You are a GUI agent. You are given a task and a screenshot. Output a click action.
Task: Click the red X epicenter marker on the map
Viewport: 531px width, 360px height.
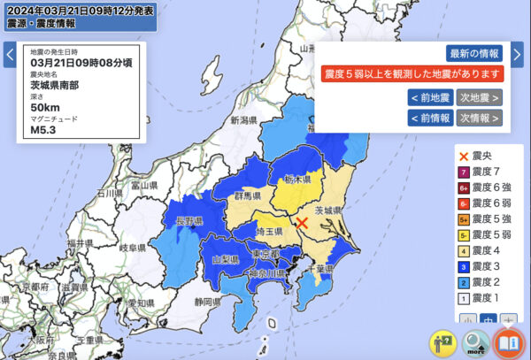[x=302, y=223]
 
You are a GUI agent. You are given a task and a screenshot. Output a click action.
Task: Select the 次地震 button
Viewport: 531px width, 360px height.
[x=480, y=97]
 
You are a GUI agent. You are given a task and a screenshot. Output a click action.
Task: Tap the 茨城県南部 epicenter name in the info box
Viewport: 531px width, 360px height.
[x=56, y=86]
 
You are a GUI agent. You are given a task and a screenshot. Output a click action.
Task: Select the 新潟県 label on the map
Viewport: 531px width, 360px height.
[x=243, y=120]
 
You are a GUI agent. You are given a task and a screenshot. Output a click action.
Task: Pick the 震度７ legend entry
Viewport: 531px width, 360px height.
[x=483, y=172]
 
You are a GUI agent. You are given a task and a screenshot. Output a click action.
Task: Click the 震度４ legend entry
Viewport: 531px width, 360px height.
[x=483, y=252]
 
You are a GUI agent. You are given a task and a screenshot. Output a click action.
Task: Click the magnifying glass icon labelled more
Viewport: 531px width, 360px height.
[x=476, y=342]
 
